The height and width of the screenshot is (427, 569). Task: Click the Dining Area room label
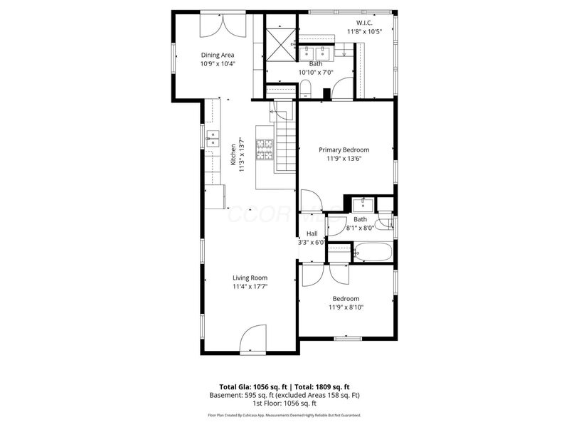click(x=217, y=55)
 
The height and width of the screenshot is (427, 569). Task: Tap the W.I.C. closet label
click(x=359, y=22)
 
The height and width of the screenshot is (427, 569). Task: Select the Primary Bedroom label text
click(x=344, y=149)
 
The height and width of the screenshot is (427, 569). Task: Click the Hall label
click(x=312, y=233)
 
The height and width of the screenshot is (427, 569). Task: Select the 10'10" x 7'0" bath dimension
click(x=315, y=73)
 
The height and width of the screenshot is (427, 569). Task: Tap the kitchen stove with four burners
click(x=265, y=149)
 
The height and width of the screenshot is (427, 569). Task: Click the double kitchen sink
click(x=213, y=139)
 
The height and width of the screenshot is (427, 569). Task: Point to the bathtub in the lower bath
click(x=372, y=253)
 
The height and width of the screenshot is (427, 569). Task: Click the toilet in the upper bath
click(x=306, y=88)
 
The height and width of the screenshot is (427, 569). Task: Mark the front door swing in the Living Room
click(x=252, y=339)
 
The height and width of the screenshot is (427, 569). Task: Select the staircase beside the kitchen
click(x=286, y=146)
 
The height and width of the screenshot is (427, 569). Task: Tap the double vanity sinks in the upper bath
click(x=315, y=53)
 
